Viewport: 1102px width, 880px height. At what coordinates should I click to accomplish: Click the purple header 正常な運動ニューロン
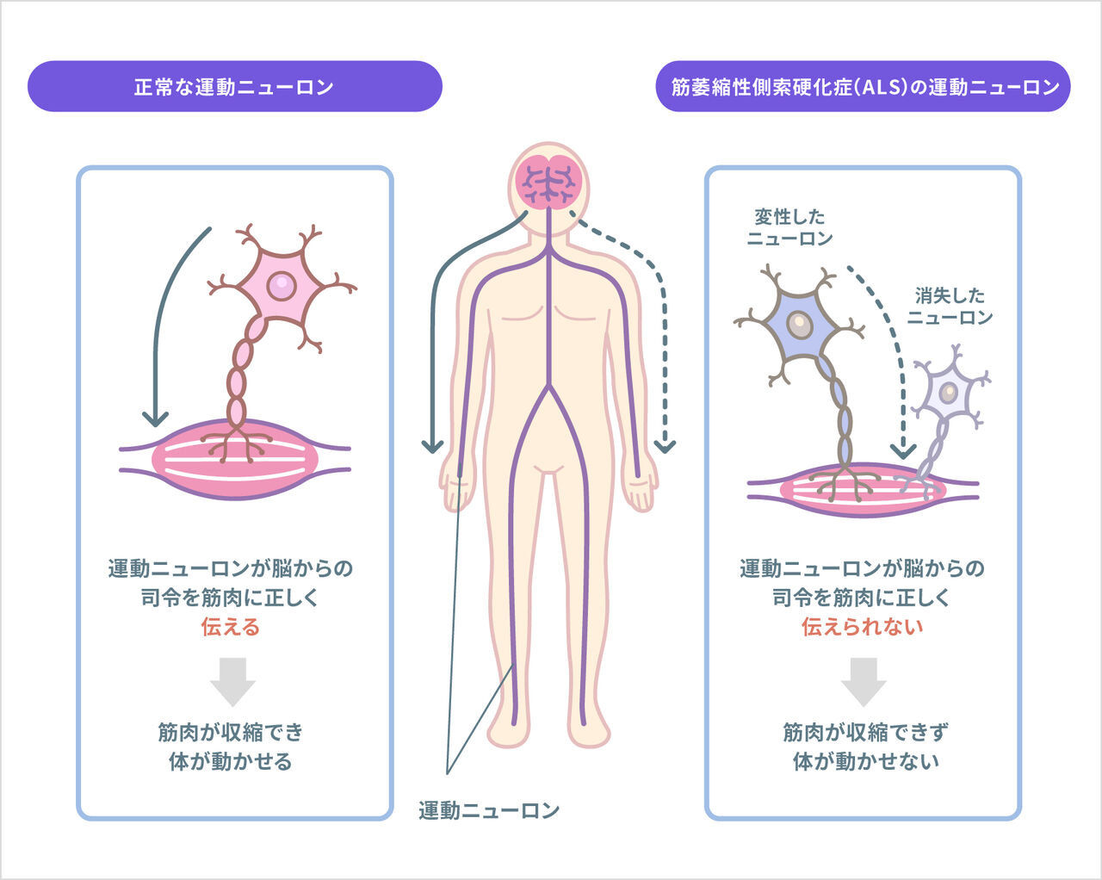(234, 86)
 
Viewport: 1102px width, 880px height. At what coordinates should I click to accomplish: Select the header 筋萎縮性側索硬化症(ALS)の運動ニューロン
(864, 86)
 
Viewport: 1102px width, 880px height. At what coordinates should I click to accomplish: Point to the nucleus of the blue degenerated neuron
(800, 325)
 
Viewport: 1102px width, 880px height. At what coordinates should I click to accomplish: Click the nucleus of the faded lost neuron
(948, 393)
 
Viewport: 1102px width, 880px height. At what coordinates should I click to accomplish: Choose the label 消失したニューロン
(950, 307)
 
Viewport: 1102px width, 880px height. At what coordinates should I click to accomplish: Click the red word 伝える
(231, 627)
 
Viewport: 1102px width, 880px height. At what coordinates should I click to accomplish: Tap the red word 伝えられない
(863, 627)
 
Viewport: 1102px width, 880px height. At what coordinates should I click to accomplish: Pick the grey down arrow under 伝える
(232, 681)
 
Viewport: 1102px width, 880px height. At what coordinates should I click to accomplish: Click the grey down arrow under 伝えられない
(864, 681)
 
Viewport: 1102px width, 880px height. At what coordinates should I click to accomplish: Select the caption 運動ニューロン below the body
(489, 810)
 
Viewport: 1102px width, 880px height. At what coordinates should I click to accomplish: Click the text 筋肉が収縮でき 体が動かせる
(231, 747)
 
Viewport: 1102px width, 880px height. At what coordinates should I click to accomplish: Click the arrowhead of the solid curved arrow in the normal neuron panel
(155, 419)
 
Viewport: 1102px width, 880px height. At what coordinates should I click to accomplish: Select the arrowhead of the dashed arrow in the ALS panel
(902, 450)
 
